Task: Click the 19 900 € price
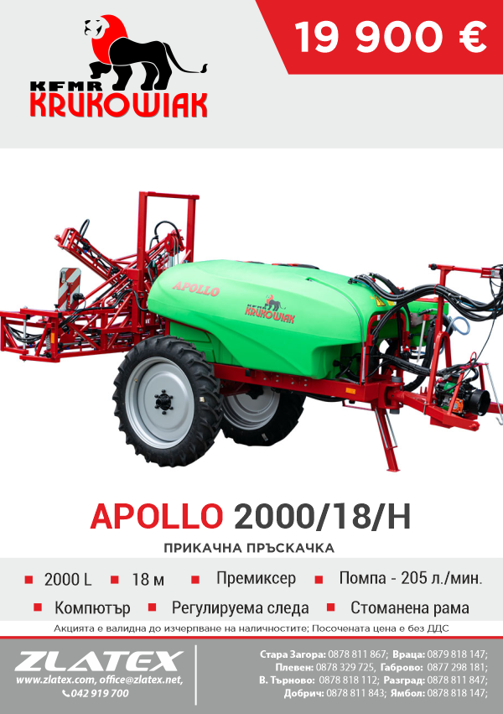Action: point(391,37)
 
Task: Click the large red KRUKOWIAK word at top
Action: point(119,105)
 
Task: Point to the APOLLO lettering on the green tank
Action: point(196,289)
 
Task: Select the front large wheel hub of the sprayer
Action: point(163,401)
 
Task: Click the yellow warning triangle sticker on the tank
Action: point(379,300)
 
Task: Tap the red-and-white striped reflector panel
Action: point(70,289)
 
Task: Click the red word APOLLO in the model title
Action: point(157,516)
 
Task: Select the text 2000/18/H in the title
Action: point(323,516)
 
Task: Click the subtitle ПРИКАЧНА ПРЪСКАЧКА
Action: point(249,547)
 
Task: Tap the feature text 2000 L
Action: point(68,579)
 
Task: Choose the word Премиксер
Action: point(256,578)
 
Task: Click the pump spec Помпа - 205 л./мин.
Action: point(411,578)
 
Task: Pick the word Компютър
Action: point(92,608)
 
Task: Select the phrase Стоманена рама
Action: point(410,607)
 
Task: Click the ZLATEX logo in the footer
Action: point(99,661)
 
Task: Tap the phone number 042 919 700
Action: point(100,693)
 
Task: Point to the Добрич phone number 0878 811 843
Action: point(355,694)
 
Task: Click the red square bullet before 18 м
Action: point(115,579)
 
